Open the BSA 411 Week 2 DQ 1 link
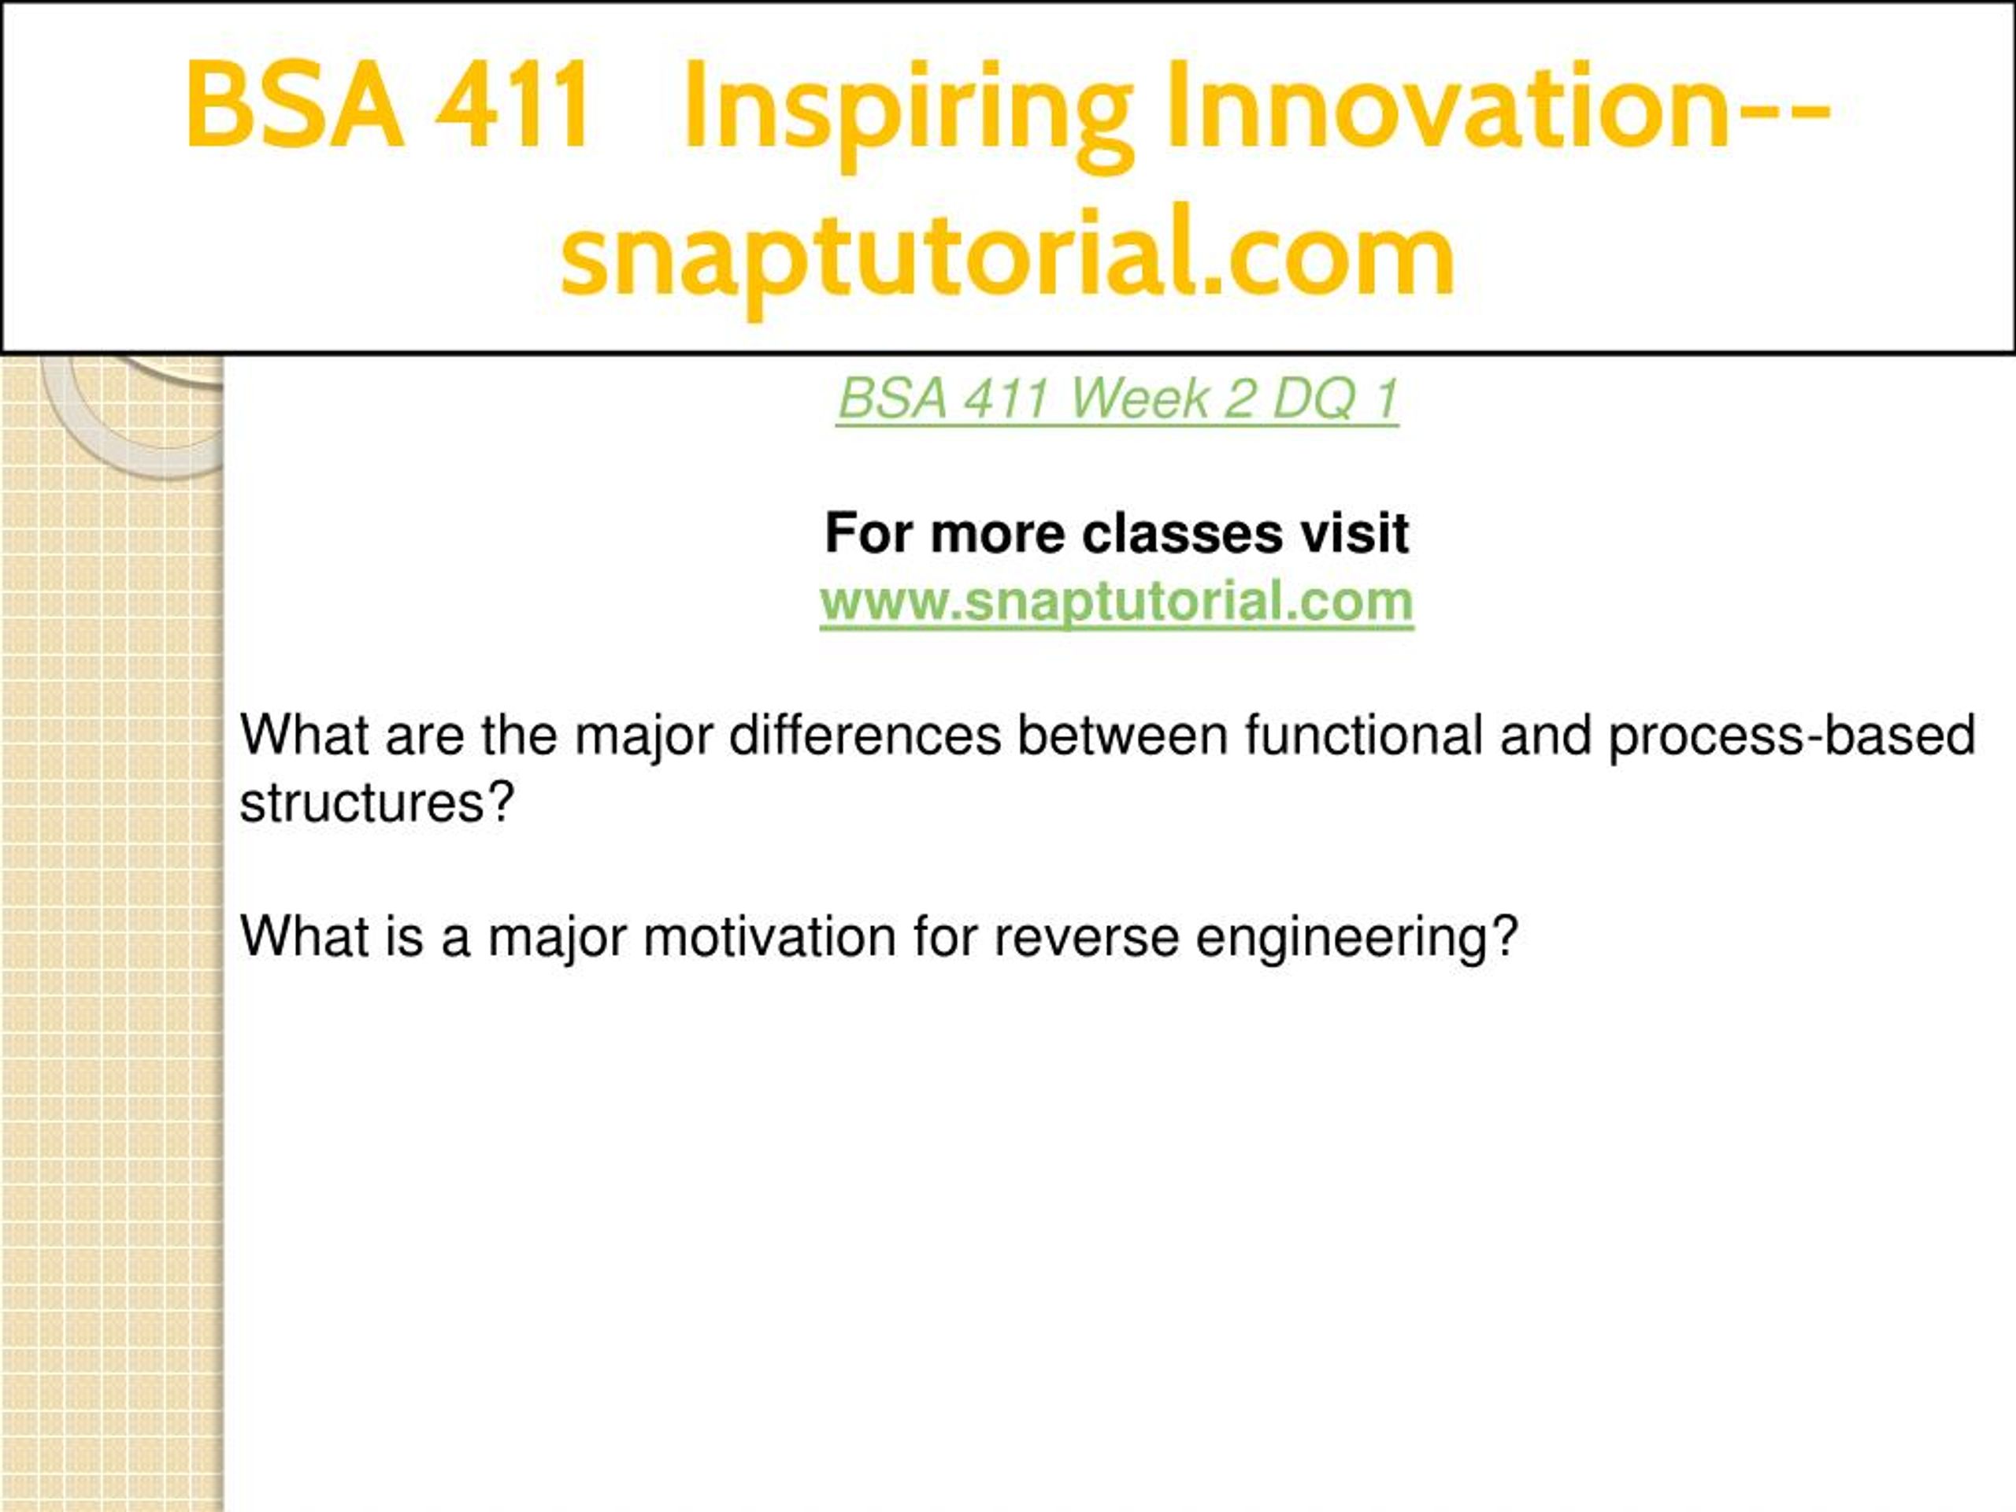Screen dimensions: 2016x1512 click(1117, 398)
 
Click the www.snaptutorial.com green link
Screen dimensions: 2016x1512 click(1117, 602)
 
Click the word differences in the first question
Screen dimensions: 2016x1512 click(865, 736)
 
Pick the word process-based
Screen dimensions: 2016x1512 click(1792, 737)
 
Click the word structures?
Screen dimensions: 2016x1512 click(377, 803)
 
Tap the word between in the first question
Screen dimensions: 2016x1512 click(1123, 736)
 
